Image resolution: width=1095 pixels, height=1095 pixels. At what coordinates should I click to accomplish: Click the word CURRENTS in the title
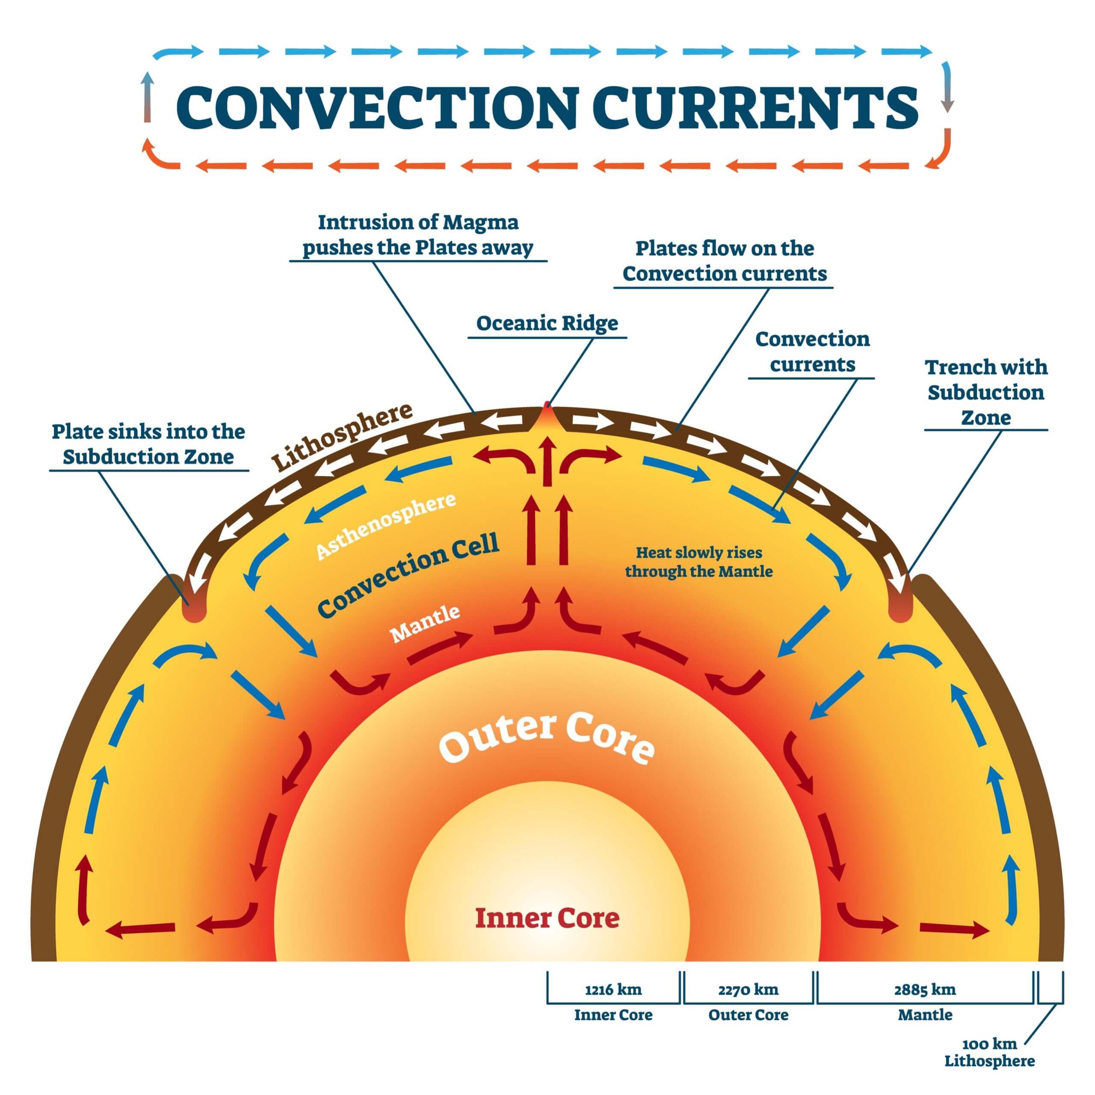tap(757, 108)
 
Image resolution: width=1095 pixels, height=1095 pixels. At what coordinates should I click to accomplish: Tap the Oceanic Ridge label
tap(547, 323)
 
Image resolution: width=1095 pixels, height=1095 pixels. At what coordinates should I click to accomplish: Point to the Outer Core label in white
tap(547, 737)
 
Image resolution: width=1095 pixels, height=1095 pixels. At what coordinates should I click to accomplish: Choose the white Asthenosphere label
tap(385, 525)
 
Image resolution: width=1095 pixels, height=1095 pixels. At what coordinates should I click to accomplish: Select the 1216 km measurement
tap(613, 990)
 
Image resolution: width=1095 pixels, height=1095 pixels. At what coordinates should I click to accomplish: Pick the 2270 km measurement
tap(748, 990)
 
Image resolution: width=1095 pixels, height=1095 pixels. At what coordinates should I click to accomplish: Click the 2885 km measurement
tap(925, 990)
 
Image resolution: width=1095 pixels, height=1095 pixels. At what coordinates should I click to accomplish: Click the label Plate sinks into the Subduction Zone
tap(148, 444)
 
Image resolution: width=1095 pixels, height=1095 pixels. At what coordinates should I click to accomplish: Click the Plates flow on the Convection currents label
tap(724, 261)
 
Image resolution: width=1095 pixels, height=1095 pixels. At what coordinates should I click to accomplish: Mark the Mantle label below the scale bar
tap(925, 1015)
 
